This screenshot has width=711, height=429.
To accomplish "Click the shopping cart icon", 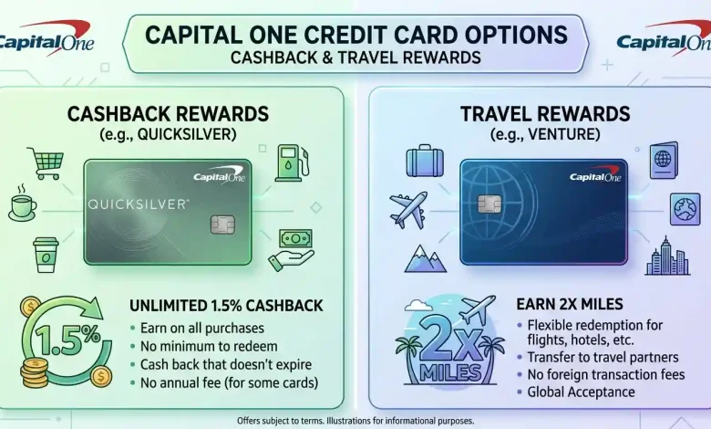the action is point(46,163).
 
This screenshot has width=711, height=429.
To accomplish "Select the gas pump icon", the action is point(293,162).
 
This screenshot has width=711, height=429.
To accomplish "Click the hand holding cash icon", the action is point(292,250).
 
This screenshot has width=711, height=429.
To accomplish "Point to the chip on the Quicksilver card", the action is point(222,225).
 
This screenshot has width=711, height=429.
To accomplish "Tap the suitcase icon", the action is point(425,161).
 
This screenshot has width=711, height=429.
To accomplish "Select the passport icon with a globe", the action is point(664,161).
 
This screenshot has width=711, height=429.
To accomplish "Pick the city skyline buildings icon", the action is point(667,256).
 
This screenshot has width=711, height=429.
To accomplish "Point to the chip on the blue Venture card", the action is point(489,204).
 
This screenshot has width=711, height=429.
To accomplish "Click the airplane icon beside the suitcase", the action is point(408,210).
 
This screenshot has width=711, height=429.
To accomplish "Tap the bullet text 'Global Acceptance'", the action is point(581,392).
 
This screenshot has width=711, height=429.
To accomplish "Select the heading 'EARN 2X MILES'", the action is point(570,304).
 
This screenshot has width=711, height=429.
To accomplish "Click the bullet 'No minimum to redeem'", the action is point(209,346).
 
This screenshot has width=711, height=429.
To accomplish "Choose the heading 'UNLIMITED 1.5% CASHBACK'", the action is point(226,306).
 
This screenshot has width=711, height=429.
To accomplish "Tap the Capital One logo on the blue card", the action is point(595,174).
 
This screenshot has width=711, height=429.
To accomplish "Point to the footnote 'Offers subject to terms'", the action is point(281,421).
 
